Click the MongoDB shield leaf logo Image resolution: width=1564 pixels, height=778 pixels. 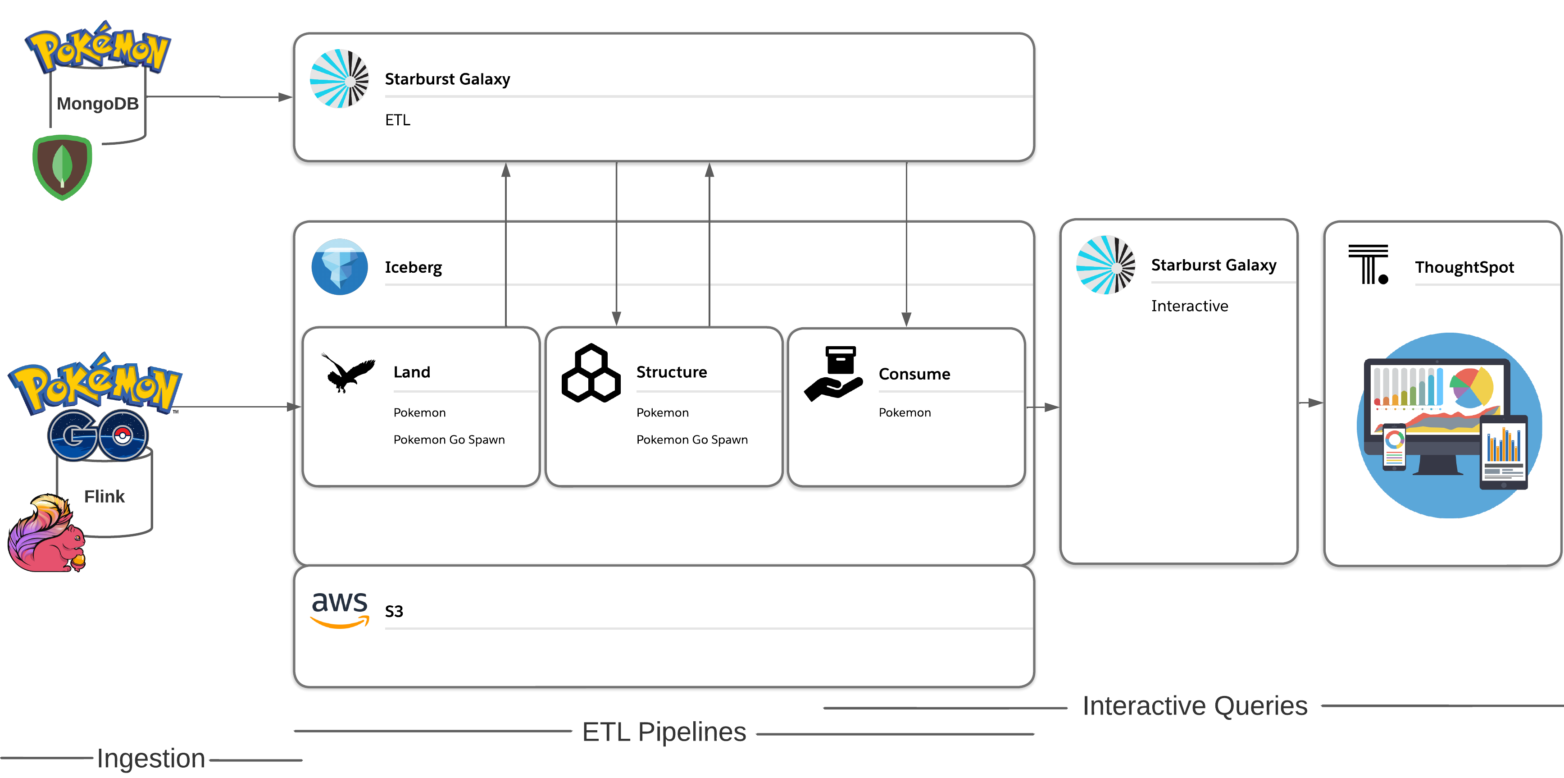tap(62, 167)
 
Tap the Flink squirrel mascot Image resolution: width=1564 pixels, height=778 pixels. tap(47, 533)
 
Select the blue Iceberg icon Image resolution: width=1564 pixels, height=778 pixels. tap(339, 267)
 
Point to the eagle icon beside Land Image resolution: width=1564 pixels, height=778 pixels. tap(348, 372)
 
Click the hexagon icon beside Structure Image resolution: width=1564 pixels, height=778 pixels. tap(591, 373)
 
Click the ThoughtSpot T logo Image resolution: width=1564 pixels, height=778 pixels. tap(1368, 264)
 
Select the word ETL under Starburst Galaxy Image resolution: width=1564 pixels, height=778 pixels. tap(398, 120)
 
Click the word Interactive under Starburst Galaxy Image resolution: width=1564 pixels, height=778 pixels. tap(1189, 306)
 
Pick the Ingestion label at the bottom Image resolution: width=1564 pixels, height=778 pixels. tap(150, 758)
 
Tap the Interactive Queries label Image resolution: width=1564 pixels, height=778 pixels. tap(1195, 706)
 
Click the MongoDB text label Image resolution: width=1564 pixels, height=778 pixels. tap(98, 104)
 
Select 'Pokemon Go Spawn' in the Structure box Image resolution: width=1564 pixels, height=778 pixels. tap(692, 440)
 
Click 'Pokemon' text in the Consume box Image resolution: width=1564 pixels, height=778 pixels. tap(905, 412)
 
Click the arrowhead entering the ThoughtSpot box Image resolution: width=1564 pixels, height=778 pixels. tap(1316, 403)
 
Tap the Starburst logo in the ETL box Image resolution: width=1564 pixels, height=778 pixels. tap(339, 78)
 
